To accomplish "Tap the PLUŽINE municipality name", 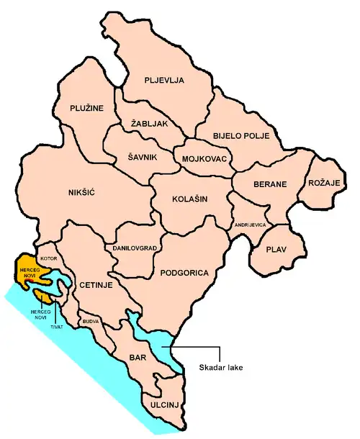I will (88, 108).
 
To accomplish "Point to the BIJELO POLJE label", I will (235, 135).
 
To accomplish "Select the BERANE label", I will (270, 185).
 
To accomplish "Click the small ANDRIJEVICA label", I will (251, 226).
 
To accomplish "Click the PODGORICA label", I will (186, 273).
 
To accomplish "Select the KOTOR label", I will (49, 256).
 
